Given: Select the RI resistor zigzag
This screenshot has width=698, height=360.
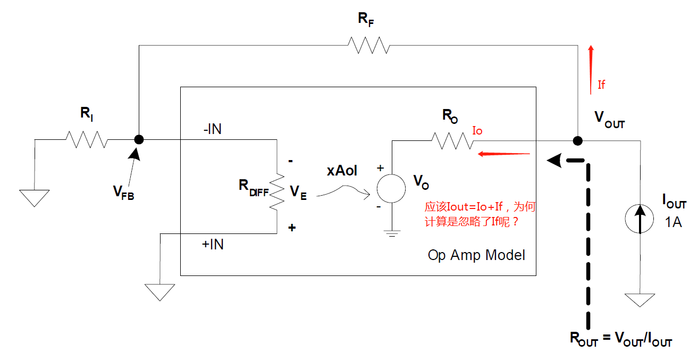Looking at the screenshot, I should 86,140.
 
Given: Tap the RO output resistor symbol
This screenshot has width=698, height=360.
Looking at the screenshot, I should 452,140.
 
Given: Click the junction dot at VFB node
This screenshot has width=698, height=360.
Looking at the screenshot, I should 139,140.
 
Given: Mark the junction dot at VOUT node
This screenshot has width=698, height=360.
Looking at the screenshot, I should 577,141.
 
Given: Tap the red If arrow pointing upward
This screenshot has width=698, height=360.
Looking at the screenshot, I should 591,69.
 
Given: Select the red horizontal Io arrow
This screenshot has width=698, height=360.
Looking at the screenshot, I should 504,154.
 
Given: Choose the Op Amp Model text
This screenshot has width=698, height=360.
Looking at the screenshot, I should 476,255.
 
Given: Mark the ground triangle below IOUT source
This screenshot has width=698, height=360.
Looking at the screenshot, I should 640,299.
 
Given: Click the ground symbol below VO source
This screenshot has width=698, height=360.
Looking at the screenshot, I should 392,232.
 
